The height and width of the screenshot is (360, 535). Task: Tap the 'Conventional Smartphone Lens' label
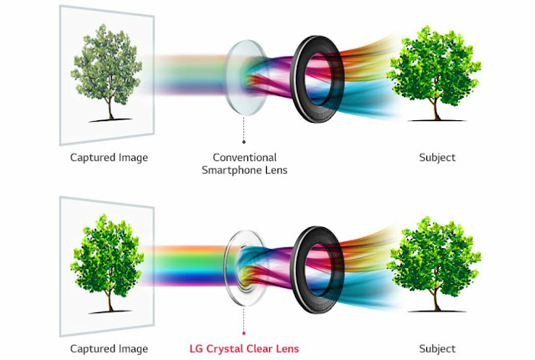click(244, 163)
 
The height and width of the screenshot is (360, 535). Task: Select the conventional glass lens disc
click(244, 77)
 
